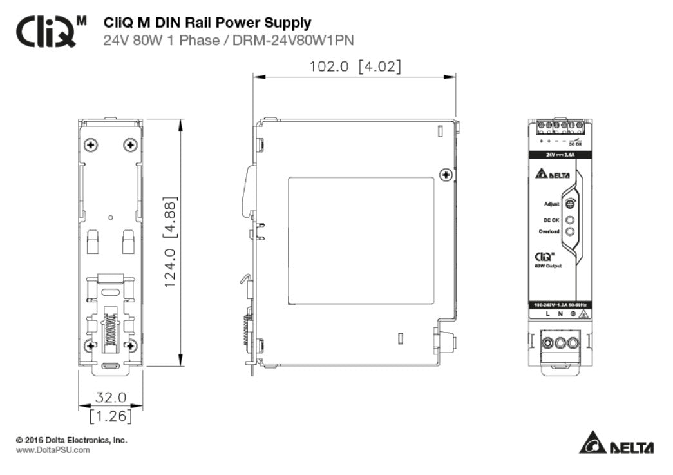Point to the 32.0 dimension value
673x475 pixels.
[111, 397]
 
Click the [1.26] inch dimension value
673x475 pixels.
[111, 416]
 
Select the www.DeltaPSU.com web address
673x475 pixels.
[53, 450]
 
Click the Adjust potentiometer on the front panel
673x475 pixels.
[570, 204]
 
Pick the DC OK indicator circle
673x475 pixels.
[570, 220]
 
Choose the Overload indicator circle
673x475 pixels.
[570, 231]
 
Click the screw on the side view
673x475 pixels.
[444, 175]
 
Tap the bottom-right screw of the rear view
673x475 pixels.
[131, 345]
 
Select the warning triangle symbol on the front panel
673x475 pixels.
[582, 315]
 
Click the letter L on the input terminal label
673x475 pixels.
[547, 315]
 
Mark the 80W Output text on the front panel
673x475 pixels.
[547, 266]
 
